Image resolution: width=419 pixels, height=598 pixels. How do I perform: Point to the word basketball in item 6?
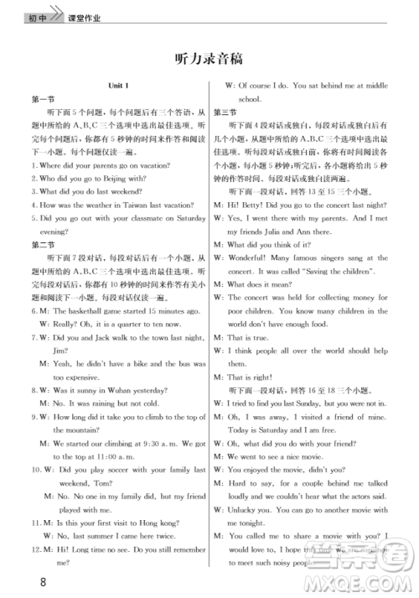[86, 310]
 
